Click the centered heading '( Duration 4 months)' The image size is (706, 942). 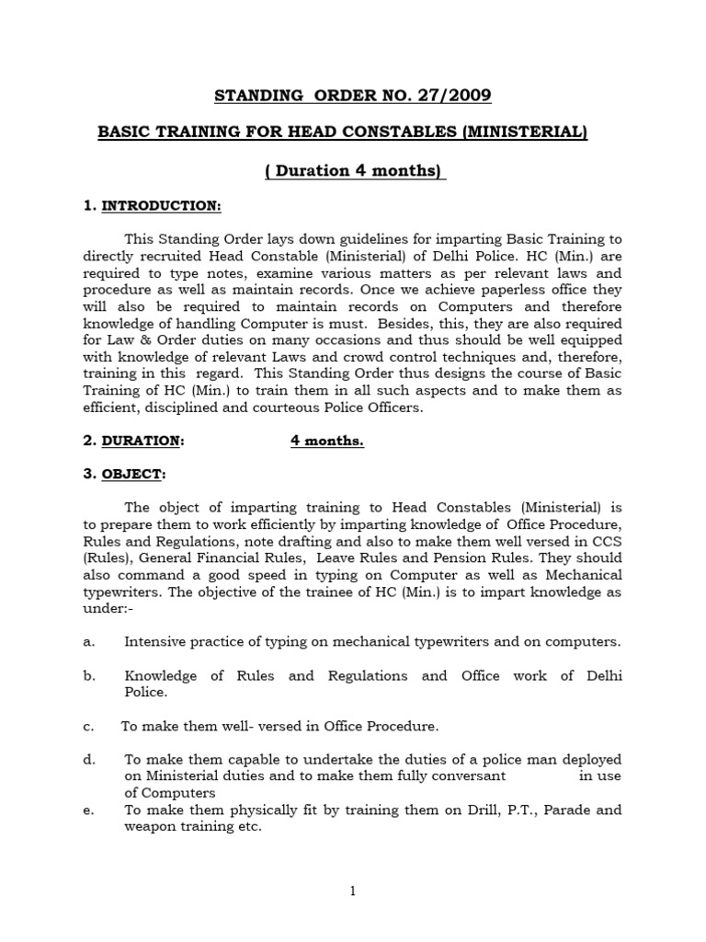(355, 170)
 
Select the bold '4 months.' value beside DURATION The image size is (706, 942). (327, 441)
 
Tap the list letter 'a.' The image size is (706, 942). (89, 641)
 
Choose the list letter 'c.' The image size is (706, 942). (88, 726)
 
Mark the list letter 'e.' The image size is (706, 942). (89, 810)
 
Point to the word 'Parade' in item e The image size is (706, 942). (567, 810)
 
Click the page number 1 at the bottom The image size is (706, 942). (353, 890)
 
